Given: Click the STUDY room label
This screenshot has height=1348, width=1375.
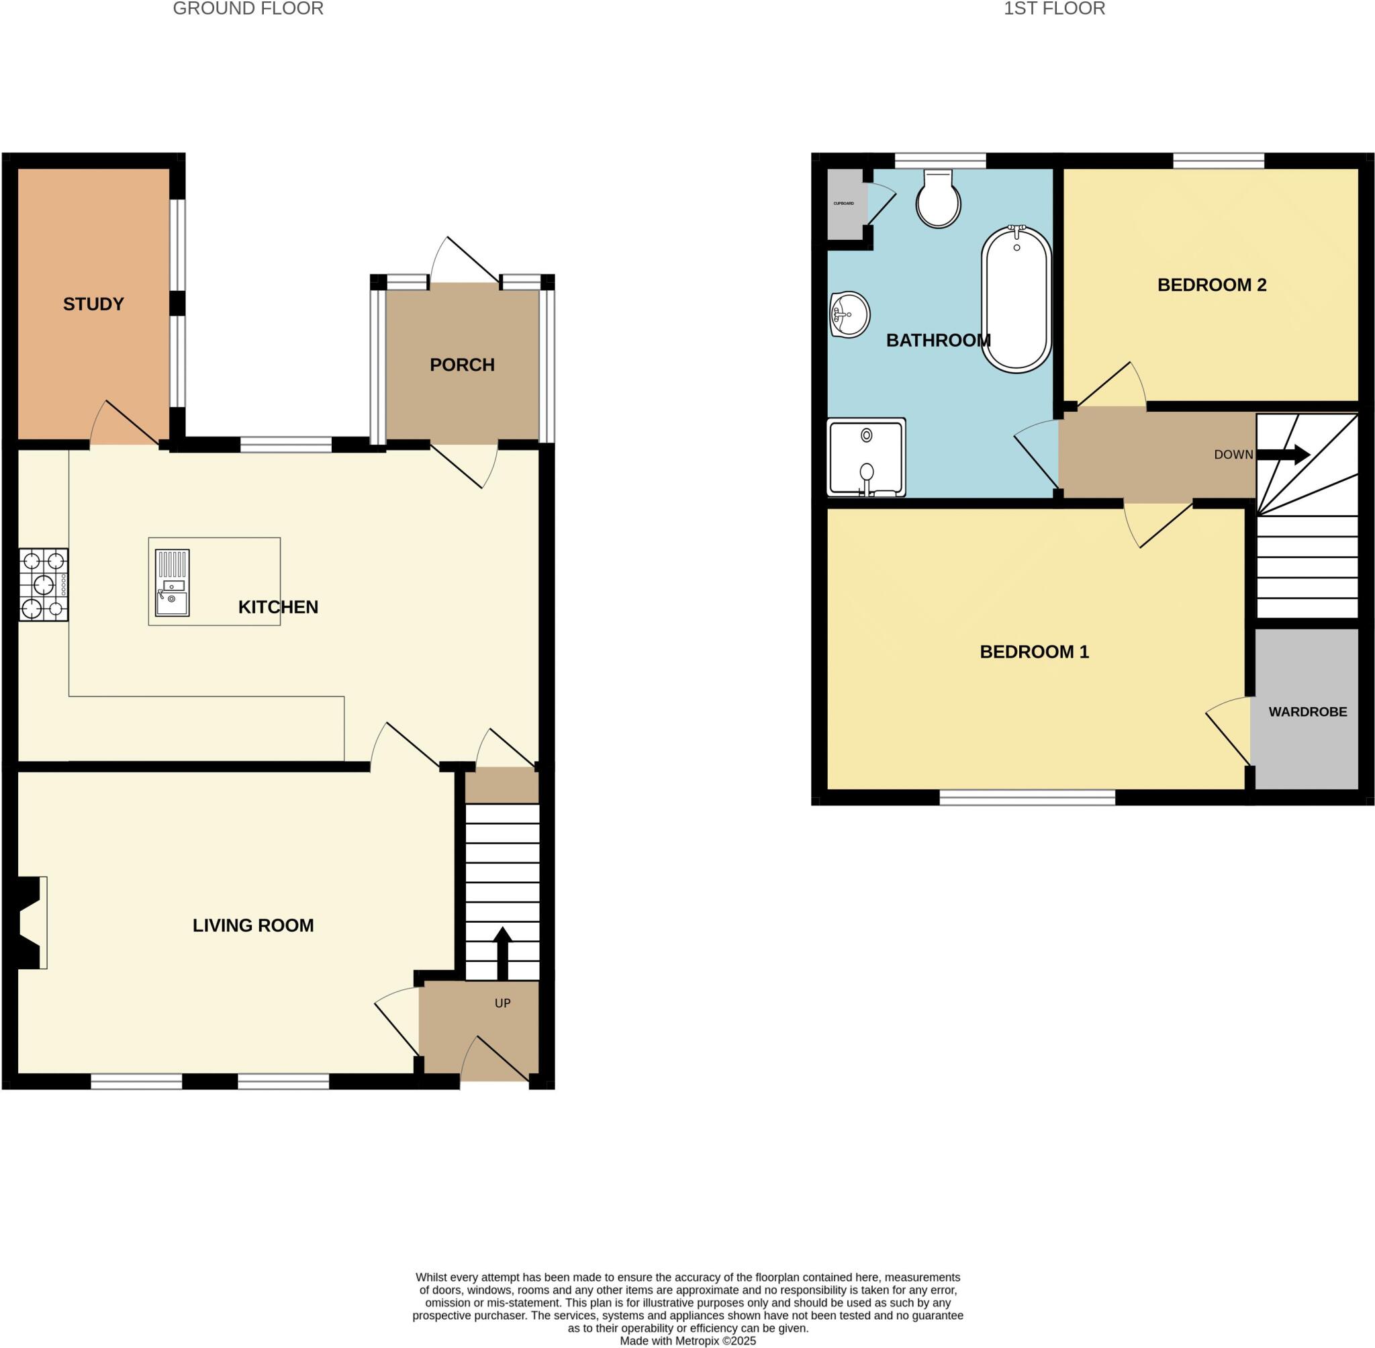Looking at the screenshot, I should coord(93,304).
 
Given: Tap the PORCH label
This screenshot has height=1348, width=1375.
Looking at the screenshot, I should coord(462,365).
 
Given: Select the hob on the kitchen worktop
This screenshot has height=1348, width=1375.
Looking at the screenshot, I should coord(44,585).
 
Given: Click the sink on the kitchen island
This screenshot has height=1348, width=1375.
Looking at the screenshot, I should coord(172,584).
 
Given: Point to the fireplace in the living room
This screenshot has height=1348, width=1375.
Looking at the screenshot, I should coord(32,922).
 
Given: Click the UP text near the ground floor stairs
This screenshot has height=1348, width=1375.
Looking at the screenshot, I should coord(502,1003).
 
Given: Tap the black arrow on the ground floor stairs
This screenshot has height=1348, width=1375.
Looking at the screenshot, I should coord(502,953).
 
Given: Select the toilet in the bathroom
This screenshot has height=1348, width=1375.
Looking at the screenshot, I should coord(939,199).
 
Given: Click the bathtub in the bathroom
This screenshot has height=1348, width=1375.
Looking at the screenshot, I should coord(1016,299).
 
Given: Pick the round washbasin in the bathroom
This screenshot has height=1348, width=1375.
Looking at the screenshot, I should coord(850,314).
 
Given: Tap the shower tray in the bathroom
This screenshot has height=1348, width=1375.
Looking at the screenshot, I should coord(866,457).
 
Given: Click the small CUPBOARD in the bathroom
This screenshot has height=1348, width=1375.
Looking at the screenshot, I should coord(844,204).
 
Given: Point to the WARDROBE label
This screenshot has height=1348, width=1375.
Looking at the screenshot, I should coord(1308,712).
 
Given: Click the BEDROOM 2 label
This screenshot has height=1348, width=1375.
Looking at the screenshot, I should coord(1212,285).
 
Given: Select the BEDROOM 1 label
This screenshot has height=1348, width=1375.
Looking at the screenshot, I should coord(1034,652).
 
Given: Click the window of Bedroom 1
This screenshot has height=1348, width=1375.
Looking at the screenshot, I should coord(1027,798).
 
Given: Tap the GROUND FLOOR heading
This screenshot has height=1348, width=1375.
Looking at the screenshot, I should coord(248,9).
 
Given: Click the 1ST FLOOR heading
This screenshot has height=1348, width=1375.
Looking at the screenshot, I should coord(1053,9).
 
